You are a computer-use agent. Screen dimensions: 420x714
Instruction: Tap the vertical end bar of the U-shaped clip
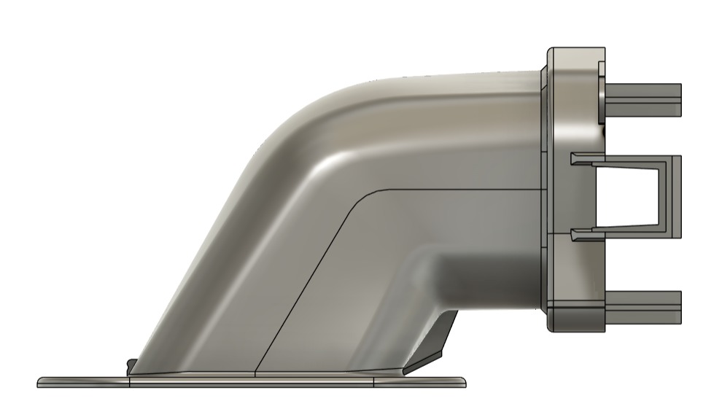click(x=675, y=196)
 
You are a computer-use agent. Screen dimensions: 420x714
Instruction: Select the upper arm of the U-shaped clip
click(x=627, y=160)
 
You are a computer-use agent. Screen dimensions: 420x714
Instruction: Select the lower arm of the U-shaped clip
click(x=627, y=233)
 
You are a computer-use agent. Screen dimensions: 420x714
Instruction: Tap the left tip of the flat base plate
click(x=40, y=382)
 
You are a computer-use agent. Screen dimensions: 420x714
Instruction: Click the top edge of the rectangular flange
click(x=576, y=48)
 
